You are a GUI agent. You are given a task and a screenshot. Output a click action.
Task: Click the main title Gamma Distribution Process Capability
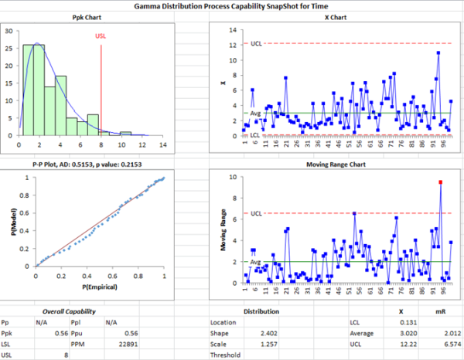[232, 7]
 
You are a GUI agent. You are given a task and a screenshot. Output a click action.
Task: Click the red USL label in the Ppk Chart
[101, 36]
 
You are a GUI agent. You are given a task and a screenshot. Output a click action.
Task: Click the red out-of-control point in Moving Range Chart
[440, 182]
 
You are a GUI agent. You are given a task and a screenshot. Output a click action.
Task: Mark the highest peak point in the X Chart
[438, 53]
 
